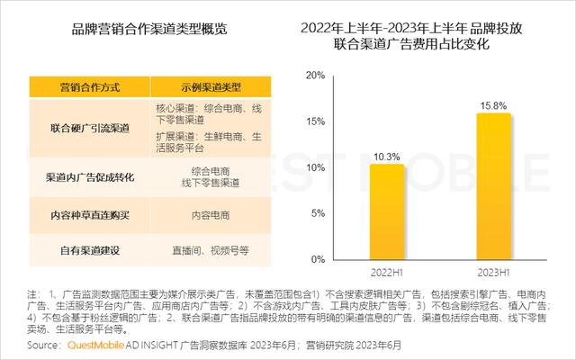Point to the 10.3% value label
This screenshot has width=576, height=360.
click(387, 157)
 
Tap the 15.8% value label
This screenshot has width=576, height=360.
click(493, 104)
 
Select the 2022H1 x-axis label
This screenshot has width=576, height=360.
click(387, 271)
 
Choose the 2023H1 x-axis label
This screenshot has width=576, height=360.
click(493, 271)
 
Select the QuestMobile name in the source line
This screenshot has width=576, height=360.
click(100, 345)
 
